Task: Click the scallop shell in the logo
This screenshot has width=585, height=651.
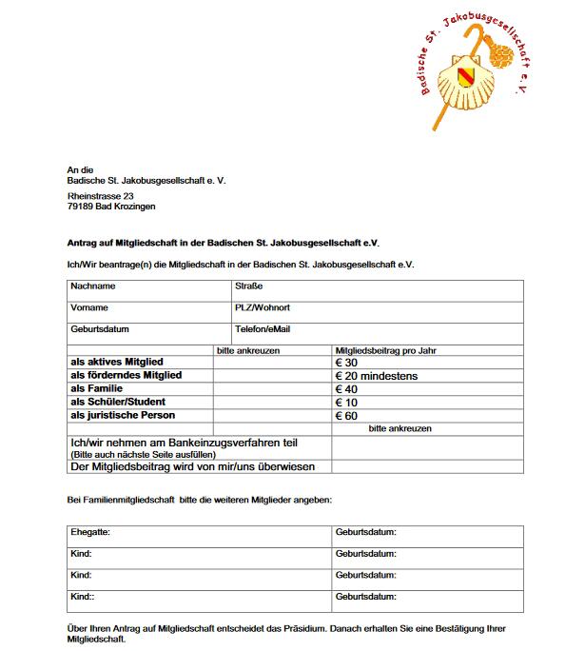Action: click(x=472, y=82)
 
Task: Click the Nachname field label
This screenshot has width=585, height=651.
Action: click(x=93, y=286)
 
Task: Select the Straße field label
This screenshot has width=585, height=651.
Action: click(x=248, y=286)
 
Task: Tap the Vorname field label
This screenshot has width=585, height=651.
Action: click(x=89, y=307)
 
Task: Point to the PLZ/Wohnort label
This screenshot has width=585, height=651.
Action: click(x=263, y=307)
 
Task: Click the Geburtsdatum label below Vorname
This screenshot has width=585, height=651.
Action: click(x=100, y=329)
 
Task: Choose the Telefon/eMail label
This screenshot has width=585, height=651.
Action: click(x=263, y=329)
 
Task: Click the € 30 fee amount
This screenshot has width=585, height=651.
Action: click(x=346, y=363)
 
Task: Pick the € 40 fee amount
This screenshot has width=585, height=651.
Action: click(x=346, y=389)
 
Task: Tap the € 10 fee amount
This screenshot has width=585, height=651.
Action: click(x=346, y=403)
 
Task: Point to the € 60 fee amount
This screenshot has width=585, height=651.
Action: click(x=346, y=416)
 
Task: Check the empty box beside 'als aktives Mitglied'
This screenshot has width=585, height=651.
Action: click(x=272, y=363)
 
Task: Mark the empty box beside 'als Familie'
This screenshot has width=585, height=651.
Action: click(x=272, y=389)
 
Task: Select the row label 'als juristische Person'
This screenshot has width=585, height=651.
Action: click(x=123, y=416)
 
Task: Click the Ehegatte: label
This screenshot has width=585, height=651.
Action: click(x=90, y=532)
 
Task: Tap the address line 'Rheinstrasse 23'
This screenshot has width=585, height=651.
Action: click(x=101, y=196)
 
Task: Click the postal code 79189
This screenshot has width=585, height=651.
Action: click(x=81, y=207)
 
